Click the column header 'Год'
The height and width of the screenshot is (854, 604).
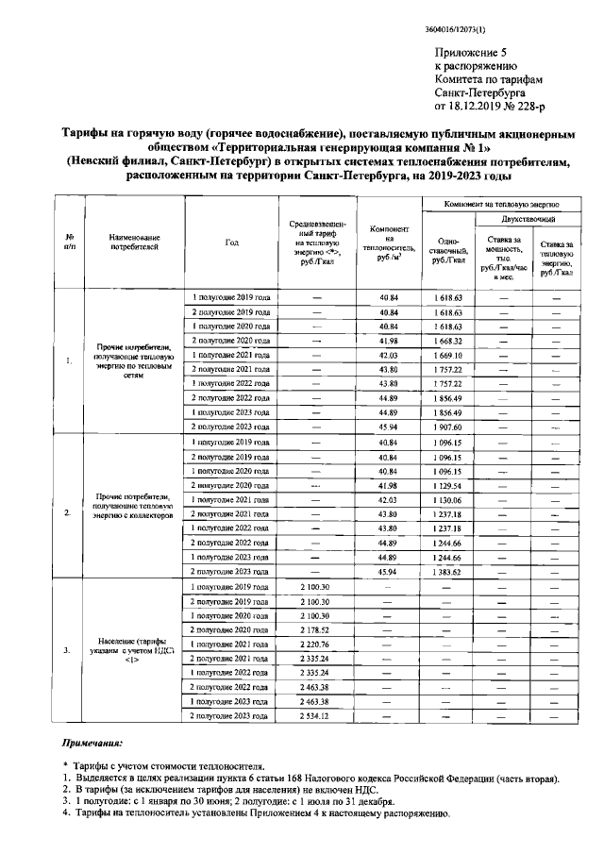232,243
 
